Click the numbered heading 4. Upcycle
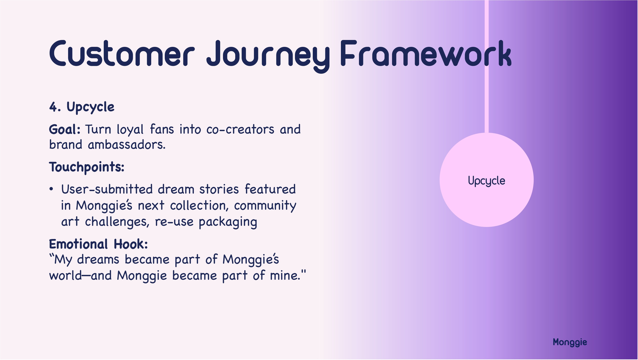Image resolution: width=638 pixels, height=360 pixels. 82,107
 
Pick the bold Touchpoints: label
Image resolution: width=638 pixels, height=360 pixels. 87,167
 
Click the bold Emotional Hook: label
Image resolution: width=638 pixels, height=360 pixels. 98,244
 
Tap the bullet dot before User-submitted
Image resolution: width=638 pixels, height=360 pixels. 51,189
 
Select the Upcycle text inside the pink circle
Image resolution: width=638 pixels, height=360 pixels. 486,181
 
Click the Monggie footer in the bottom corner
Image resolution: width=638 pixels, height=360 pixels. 570,342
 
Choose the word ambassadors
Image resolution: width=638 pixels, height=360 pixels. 127,145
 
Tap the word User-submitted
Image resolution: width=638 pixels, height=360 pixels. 107,189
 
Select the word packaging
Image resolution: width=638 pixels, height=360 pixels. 228,222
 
